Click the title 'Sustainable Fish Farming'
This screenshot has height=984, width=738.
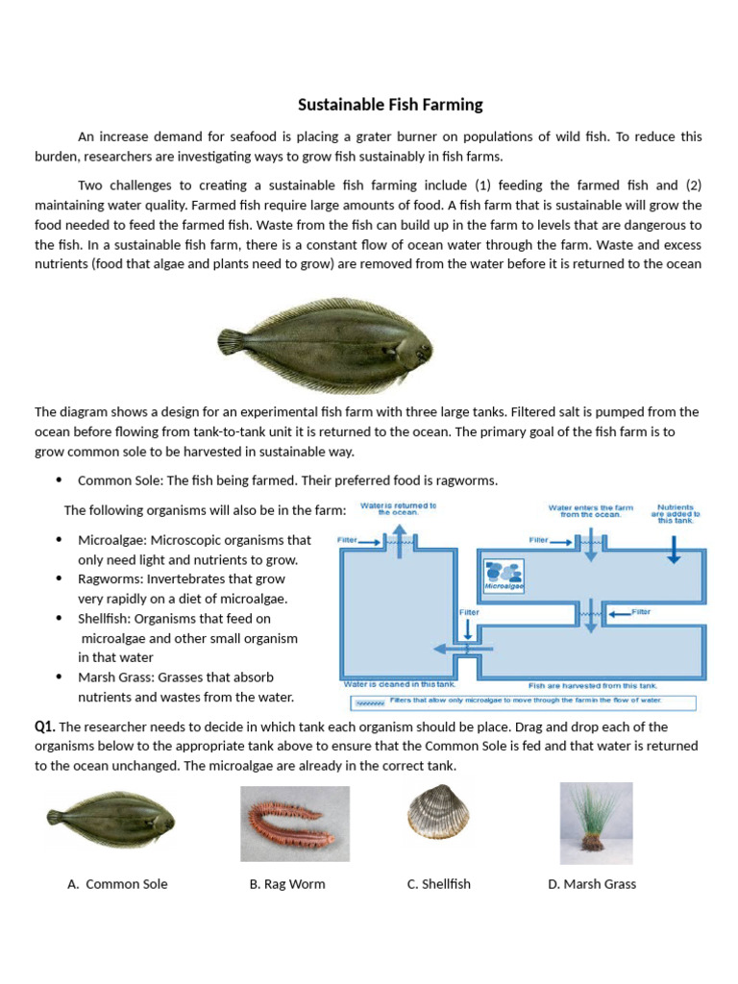(x=390, y=105)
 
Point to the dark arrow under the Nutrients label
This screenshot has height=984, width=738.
(x=674, y=548)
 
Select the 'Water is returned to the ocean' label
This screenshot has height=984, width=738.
(x=398, y=508)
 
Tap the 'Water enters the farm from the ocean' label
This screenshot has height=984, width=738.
(x=584, y=511)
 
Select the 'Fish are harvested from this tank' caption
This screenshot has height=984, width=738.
(x=593, y=686)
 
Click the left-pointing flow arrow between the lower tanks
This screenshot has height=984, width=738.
(x=448, y=649)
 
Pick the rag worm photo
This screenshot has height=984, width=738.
(x=295, y=824)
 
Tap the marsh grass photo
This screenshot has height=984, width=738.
(x=596, y=823)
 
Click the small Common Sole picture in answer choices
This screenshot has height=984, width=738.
(x=111, y=819)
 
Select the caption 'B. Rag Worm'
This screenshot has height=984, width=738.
(x=287, y=884)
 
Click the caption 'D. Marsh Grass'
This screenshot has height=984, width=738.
(x=592, y=884)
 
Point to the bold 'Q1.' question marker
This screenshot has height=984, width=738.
(x=45, y=726)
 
